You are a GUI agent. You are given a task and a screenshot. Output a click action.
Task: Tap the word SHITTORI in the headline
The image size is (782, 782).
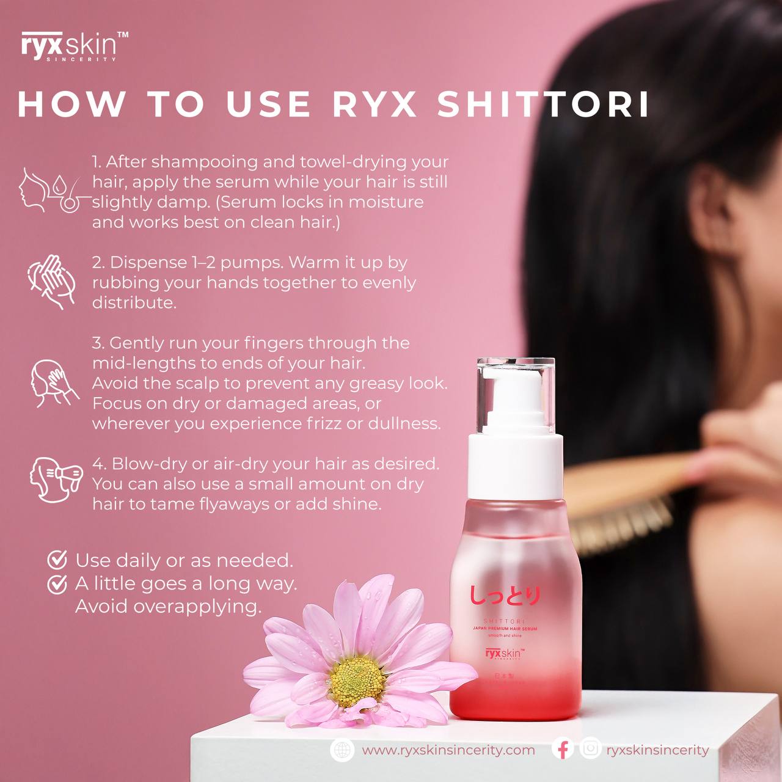click(x=543, y=104)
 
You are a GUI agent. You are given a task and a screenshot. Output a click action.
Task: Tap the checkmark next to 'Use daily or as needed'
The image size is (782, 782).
click(x=57, y=560)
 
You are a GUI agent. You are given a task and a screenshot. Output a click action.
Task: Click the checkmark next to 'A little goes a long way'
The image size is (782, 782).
click(x=57, y=583)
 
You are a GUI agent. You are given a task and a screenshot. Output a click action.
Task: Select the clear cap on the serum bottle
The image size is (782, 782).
click(x=516, y=391)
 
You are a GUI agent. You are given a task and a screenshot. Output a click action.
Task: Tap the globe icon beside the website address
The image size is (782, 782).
click(x=342, y=750)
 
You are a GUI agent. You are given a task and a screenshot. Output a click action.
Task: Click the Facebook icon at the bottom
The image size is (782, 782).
click(x=563, y=749)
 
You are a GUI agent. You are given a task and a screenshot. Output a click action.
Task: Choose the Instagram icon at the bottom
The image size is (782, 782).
click(x=590, y=749)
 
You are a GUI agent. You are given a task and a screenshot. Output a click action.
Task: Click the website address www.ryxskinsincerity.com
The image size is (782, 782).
click(x=448, y=750)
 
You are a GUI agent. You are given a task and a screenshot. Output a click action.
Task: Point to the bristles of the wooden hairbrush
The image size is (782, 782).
click(x=617, y=525)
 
